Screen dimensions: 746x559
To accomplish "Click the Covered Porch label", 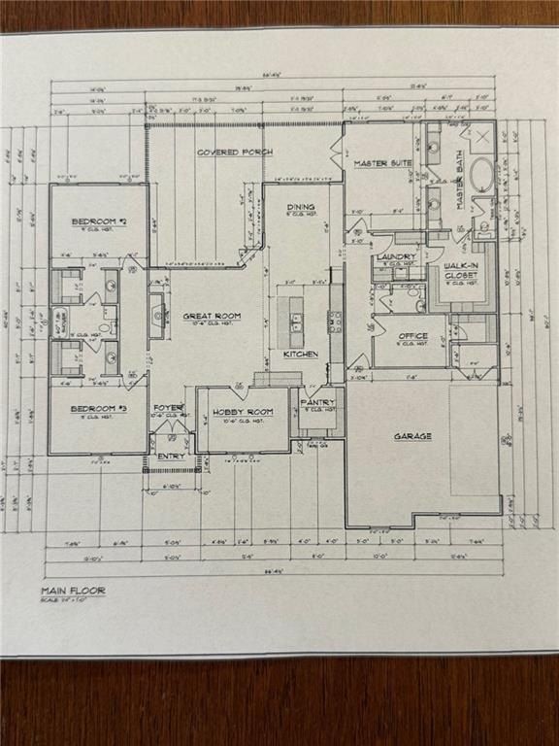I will tap(234, 153).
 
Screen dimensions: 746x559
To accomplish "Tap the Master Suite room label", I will tap(378, 163).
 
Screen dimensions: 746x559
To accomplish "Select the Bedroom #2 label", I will tap(100, 221).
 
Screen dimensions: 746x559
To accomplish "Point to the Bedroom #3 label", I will tap(99, 409).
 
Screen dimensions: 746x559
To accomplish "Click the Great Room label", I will tap(212, 316).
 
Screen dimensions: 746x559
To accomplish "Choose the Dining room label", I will tap(300, 207).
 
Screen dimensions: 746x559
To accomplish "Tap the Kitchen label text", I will tap(300, 355).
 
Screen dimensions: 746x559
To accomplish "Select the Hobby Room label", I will tap(243, 412).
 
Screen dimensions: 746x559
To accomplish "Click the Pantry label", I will tap(317, 401).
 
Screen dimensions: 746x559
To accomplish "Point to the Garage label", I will tap(412, 436).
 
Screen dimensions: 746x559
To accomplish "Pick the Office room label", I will tap(413, 336).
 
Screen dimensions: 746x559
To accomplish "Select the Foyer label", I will tap(168, 408).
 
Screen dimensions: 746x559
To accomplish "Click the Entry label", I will tap(171, 455).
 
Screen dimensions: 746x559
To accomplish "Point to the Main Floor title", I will tap(73, 590).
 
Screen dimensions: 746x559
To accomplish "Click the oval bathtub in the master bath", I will tap(480, 176).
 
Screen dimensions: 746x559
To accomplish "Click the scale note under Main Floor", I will tap(63, 599).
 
